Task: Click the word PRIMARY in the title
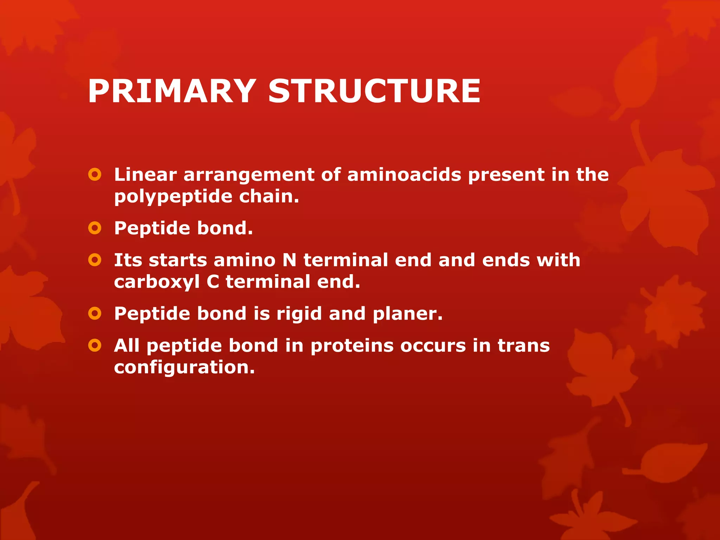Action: point(172,91)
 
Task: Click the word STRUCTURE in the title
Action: point(374,91)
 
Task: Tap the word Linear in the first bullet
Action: point(145,174)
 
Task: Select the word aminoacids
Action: point(404,174)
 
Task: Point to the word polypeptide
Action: point(173,197)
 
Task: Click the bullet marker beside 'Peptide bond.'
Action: point(95,228)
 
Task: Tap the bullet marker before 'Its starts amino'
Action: point(95,260)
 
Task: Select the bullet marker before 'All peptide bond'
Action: point(95,346)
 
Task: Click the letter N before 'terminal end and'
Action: point(289,260)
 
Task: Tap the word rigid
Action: point(299,314)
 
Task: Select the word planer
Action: point(407,314)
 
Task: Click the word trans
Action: point(523,346)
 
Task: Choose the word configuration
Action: point(184,368)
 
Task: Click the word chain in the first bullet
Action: point(269,196)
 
